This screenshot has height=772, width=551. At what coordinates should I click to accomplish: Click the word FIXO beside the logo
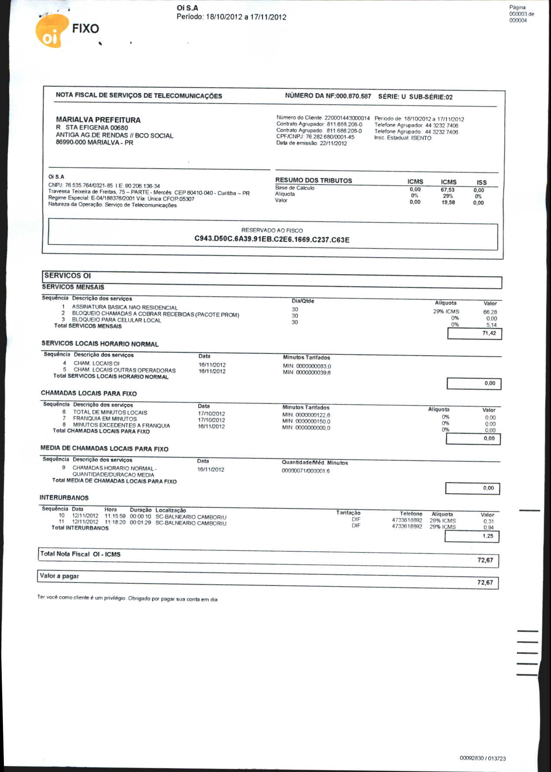[85, 29]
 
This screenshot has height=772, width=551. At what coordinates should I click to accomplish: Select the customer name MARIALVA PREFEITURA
[98, 120]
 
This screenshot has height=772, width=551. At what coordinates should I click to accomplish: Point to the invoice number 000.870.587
[353, 96]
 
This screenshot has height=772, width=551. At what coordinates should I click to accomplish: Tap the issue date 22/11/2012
[333, 144]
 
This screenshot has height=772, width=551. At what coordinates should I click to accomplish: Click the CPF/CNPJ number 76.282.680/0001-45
[330, 137]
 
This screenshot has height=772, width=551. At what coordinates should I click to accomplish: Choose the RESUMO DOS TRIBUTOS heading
[314, 180]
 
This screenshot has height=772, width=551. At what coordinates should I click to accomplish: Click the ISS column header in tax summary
[481, 183]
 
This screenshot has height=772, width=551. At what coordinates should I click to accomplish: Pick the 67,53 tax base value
[447, 190]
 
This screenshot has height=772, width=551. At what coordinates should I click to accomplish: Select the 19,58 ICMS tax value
[448, 203]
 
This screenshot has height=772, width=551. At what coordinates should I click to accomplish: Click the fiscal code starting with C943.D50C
[272, 239]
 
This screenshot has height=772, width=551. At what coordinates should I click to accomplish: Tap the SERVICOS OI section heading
[68, 275]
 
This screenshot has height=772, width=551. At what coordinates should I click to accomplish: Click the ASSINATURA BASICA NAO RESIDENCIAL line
[125, 307]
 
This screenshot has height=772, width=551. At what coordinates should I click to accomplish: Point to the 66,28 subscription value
[490, 312]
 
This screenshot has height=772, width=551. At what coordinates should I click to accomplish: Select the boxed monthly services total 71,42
[489, 333]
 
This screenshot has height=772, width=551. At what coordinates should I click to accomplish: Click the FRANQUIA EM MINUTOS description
[104, 419]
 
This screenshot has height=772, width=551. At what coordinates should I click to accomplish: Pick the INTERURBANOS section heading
[64, 498]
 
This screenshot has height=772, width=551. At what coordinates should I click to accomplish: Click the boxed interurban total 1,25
[488, 536]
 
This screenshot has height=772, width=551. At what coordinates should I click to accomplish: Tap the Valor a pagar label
[59, 576]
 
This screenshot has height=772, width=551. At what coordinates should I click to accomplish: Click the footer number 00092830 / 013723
[483, 759]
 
